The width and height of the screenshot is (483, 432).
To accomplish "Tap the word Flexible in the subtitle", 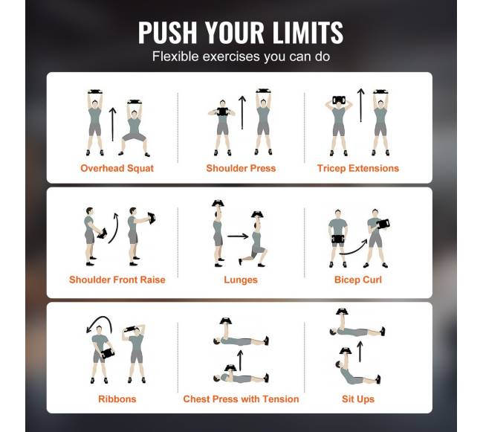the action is point(175,57).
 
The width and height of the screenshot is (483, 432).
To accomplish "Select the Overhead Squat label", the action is point(117,168).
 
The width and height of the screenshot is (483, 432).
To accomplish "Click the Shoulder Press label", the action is point(241,168).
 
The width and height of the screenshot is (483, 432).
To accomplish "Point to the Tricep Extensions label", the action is point(358,168).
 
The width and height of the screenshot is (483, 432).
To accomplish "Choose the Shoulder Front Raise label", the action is point(117,280).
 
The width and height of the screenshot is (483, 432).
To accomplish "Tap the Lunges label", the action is point(241,280).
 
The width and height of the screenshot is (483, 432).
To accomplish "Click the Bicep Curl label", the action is point(358,280).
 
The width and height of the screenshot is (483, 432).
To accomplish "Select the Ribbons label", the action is point(117,399).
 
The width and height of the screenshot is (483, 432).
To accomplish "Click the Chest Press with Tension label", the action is point(241,399).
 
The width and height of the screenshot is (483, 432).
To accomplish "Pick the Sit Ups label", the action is point(358,399).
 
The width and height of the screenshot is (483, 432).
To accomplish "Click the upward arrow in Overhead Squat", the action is point(112,124).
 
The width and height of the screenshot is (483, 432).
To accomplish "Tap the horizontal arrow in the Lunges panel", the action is point(238,236).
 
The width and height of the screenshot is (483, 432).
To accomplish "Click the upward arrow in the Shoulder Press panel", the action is point(242,112).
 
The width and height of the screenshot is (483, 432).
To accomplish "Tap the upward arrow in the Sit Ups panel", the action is point(360,352).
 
